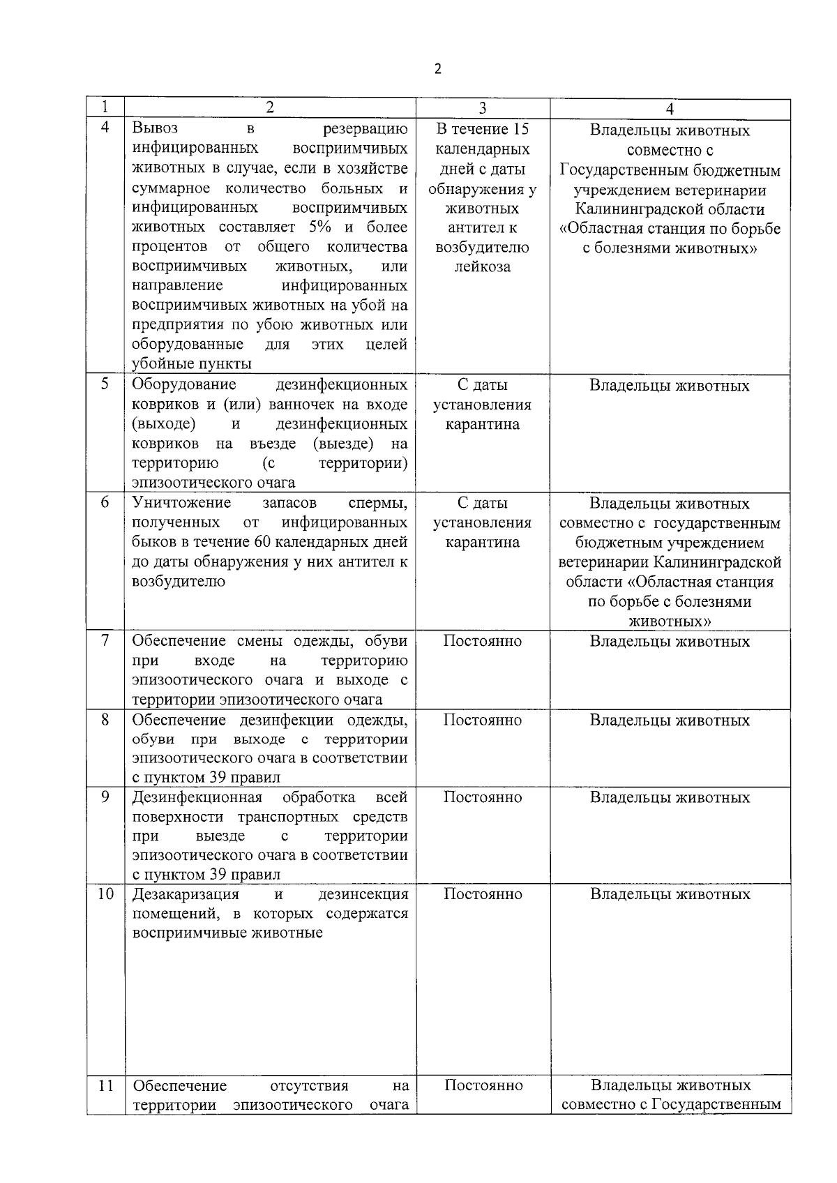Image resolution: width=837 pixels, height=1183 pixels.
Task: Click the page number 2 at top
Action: (x=437, y=68)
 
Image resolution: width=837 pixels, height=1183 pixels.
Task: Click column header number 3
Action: (x=482, y=109)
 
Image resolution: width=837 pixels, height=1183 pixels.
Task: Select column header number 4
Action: (x=670, y=109)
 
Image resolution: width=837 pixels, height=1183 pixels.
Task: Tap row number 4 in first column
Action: (x=105, y=128)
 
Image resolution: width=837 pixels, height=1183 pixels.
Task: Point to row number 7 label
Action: (x=105, y=640)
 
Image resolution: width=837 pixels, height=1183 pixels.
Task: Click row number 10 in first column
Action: (x=105, y=894)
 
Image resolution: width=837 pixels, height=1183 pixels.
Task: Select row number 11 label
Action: (x=105, y=1085)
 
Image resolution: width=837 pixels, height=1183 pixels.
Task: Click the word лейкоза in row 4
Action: (x=482, y=266)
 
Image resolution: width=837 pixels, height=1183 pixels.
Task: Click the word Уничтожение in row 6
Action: (x=181, y=503)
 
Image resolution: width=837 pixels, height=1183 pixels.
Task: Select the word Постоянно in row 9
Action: (x=482, y=797)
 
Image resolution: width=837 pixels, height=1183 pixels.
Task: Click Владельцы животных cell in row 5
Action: (x=670, y=386)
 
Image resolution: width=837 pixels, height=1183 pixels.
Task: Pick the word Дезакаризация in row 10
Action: (x=186, y=894)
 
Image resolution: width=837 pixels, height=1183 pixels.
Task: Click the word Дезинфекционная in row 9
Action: (x=197, y=797)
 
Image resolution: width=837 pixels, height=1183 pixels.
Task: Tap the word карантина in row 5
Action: (x=482, y=424)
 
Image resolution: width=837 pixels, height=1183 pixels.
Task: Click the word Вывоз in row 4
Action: (x=155, y=128)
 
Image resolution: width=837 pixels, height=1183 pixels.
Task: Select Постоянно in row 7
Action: (x=482, y=641)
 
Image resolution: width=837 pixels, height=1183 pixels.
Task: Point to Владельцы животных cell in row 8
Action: (x=670, y=720)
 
